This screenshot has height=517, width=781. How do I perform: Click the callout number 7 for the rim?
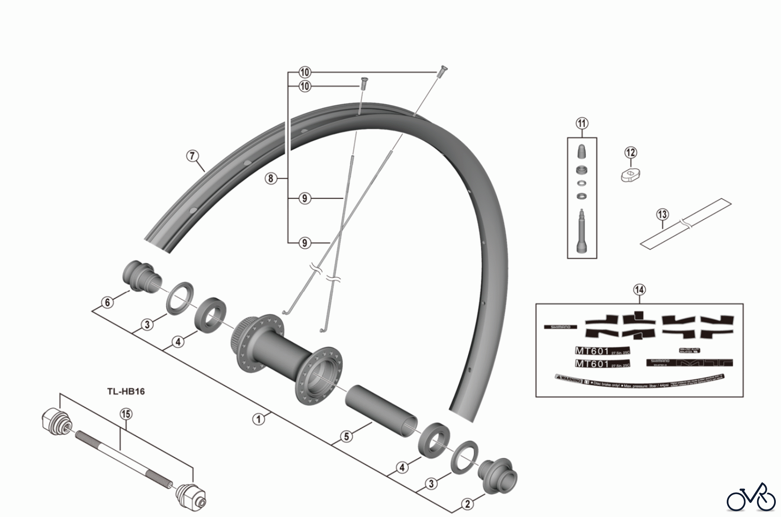[x=193, y=156]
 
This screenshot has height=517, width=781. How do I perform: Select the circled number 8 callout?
[x=271, y=178]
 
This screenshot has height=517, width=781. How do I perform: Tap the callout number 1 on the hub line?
[x=258, y=419]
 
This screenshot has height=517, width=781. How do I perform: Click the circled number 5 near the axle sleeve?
[x=346, y=436]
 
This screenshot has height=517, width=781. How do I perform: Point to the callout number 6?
[x=107, y=302]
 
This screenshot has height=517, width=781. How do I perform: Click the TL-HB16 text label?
[x=126, y=391]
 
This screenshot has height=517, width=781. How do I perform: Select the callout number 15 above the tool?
[x=125, y=414]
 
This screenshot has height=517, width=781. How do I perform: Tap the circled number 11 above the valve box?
[x=582, y=123]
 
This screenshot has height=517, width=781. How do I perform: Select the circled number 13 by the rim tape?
[x=662, y=214]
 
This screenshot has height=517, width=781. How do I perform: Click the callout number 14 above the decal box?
[x=639, y=290]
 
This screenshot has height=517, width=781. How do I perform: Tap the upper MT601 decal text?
[x=592, y=351]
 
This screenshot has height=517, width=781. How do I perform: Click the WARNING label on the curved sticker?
[x=570, y=381]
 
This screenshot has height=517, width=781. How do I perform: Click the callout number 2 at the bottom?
[x=467, y=504]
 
